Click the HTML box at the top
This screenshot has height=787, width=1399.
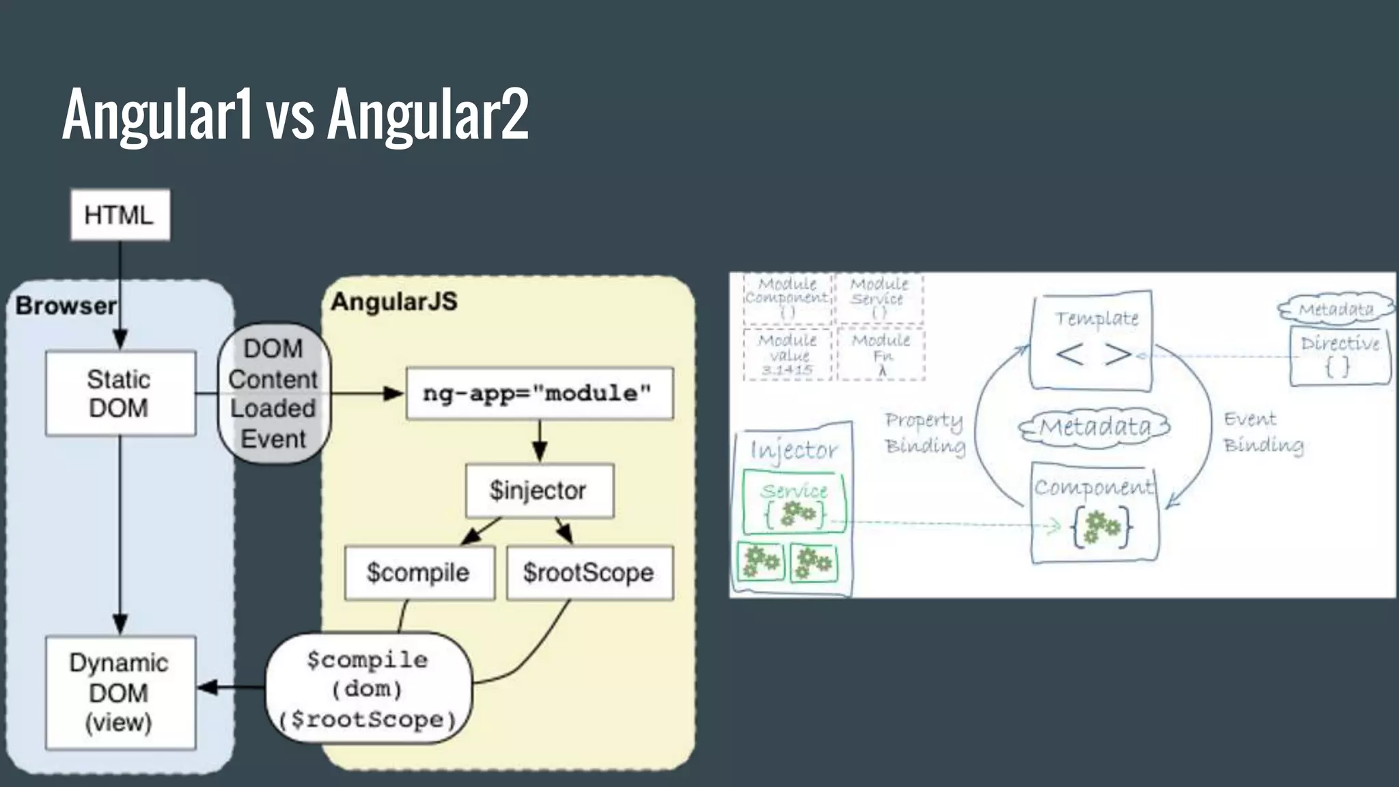[120, 215]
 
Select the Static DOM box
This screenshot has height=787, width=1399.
[120, 393]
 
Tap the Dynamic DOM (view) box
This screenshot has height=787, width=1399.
[120, 693]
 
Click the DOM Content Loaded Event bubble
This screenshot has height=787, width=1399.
[273, 394]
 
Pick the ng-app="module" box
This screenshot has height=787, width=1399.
[539, 393]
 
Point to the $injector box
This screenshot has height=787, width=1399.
[539, 491]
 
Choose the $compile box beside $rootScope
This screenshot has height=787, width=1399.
[419, 572]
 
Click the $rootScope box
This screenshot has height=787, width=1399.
[590, 572]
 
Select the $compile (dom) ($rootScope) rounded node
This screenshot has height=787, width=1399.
[369, 689]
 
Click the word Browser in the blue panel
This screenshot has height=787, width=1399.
[66, 305]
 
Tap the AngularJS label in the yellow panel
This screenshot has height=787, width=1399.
[394, 301]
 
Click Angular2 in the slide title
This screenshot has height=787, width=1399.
[428, 114]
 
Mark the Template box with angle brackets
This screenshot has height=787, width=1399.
[1092, 340]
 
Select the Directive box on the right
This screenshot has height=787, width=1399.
[1340, 356]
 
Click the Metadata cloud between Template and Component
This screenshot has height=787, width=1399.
[1094, 428]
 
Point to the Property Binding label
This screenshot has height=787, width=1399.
[925, 432]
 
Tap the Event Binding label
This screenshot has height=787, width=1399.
[1262, 432]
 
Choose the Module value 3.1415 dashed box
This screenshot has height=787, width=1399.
[788, 355]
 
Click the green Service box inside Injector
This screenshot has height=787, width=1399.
[794, 502]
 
